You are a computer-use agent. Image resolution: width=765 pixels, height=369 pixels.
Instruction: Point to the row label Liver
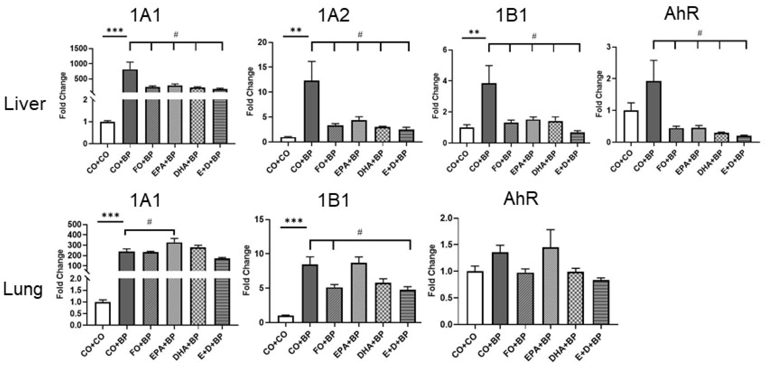point(25,105)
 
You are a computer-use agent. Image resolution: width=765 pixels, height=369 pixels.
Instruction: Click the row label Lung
point(23,289)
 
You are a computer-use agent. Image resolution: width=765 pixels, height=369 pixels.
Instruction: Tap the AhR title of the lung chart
point(521,199)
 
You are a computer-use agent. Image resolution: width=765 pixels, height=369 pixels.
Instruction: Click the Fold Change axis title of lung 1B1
point(247,270)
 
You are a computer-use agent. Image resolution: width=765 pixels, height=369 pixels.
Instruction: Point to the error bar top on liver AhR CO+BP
point(653,60)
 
